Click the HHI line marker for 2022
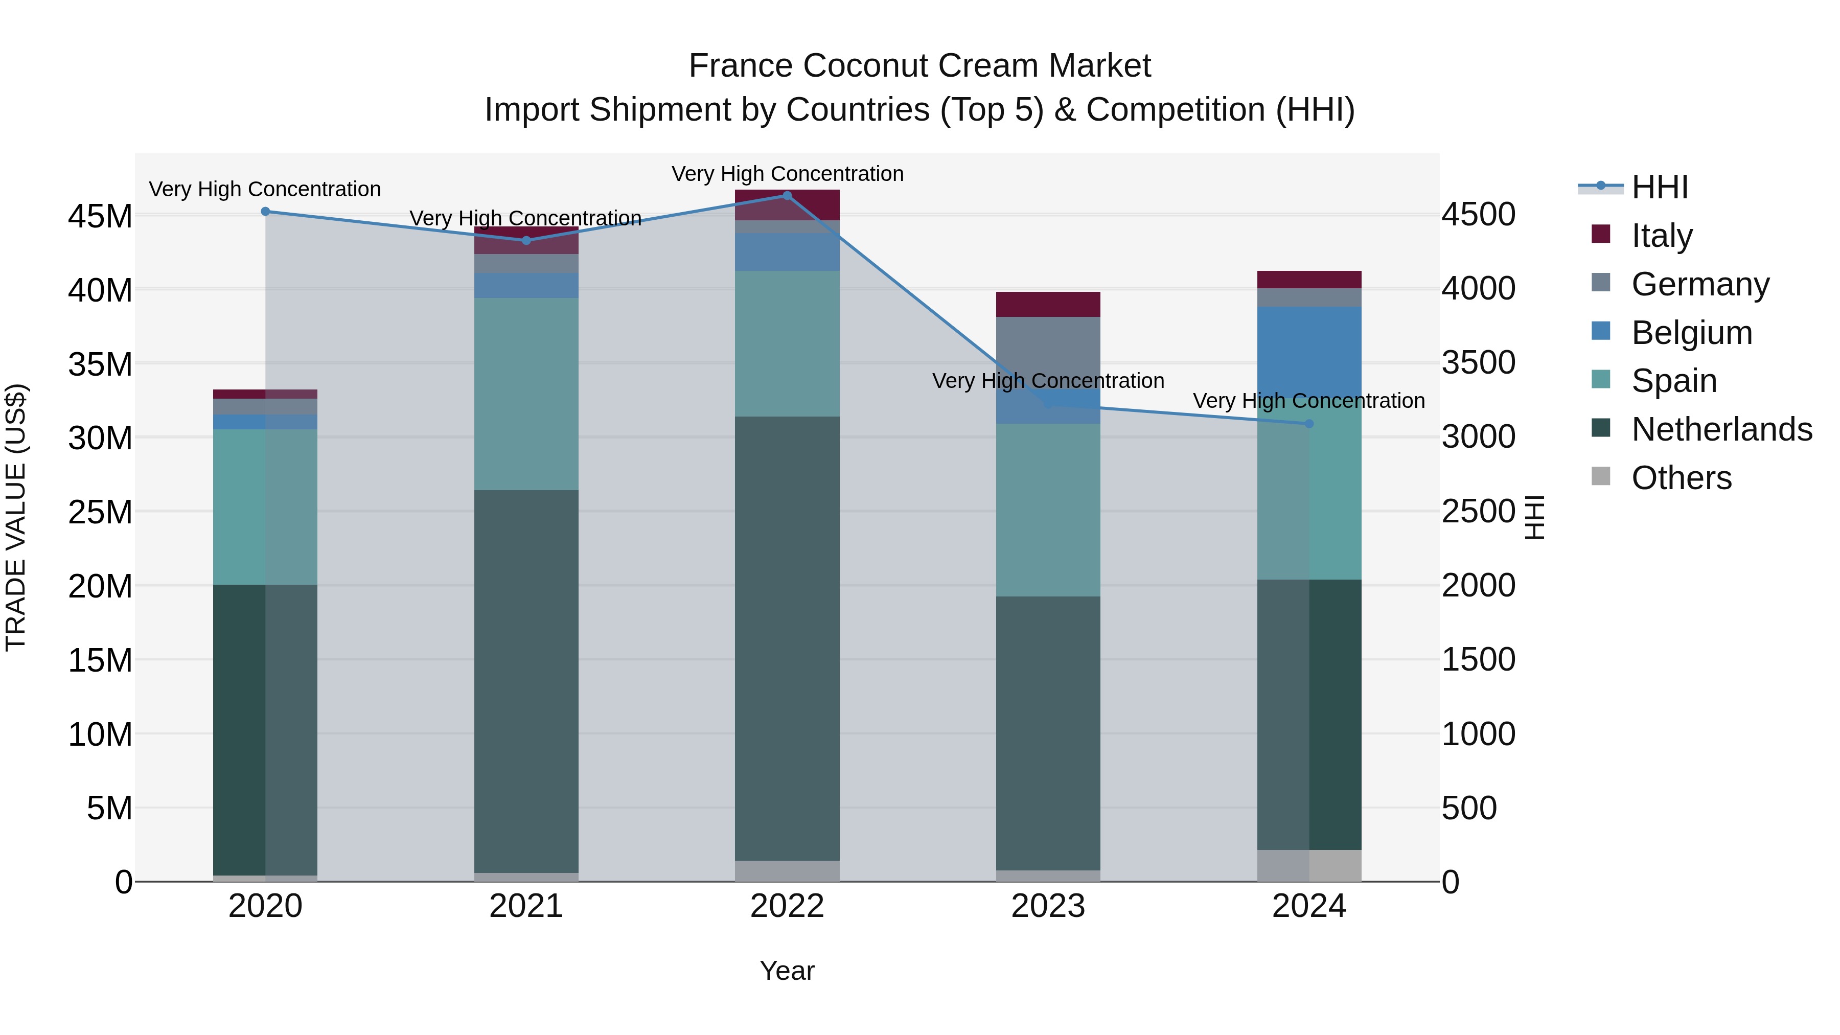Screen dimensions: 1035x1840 click(x=787, y=195)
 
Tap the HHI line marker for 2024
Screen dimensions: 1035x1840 click(x=1309, y=424)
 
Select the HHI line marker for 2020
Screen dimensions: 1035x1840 click(x=265, y=212)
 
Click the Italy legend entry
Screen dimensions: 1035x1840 click(x=1662, y=235)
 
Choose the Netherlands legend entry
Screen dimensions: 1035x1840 click(x=1721, y=429)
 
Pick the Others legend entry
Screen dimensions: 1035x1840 click(x=1682, y=478)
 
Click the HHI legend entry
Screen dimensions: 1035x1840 click(x=1659, y=187)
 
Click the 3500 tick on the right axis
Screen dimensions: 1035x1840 click(x=1478, y=363)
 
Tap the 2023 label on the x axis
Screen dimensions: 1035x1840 click(x=1048, y=906)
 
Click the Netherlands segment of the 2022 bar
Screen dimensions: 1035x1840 click(x=787, y=638)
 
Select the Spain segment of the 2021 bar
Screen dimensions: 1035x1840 click(x=526, y=394)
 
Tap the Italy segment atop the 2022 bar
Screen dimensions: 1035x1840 click(x=787, y=205)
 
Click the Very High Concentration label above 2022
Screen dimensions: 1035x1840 click(x=787, y=174)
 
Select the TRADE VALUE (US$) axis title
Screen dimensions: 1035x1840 click(x=16, y=517)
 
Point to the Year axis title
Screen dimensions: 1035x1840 click(x=787, y=971)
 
